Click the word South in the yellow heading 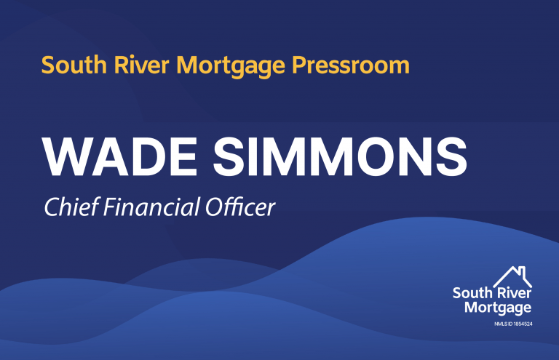pyautogui.click(x=74, y=65)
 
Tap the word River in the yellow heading pyautogui.click(x=141, y=65)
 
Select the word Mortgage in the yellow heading pyautogui.click(x=231, y=66)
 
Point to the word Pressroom pyautogui.click(x=351, y=65)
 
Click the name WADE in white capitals pyautogui.click(x=119, y=156)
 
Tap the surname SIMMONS pyautogui.click(x=340, y=156)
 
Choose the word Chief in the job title pyautogui.click(x=71, y=207)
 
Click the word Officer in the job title pyautogui.click(x=240, y=207)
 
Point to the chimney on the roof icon pyautogui.click(x=523, y=271)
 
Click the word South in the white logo pyautogui.click(x=472, y=293)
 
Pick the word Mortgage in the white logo pyautogui.click(x=498, y=308)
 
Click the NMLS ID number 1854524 pyautogui.click(x=523, y=324)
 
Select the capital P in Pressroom pyautogui.click(x=300, y=65)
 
